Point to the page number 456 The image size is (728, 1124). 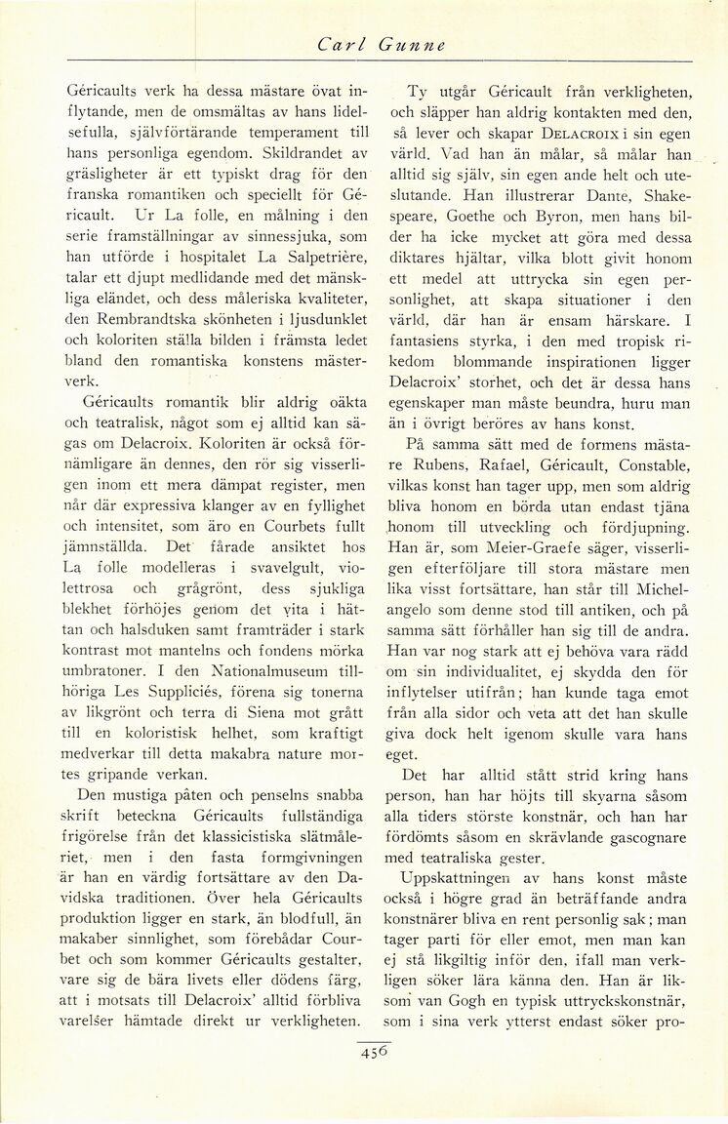(374, 1053)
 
